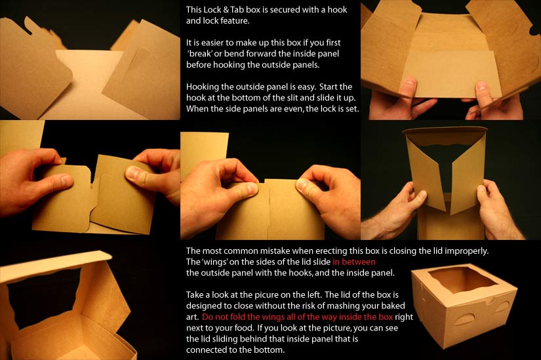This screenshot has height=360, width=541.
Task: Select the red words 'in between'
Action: coord(354,262)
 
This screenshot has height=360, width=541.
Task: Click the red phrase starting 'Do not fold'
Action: coord(297,317)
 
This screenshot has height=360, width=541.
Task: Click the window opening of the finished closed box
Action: coord(462,279)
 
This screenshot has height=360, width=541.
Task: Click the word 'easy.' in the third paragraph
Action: coord(306,87)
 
